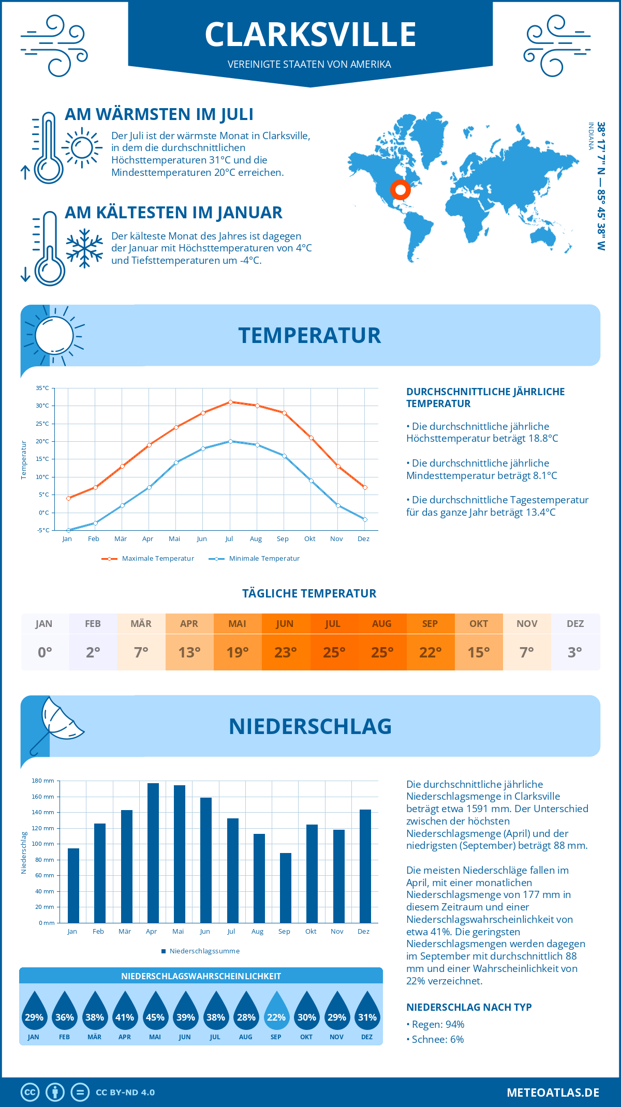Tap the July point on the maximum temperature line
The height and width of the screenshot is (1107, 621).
230,402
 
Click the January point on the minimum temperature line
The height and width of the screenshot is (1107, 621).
68,530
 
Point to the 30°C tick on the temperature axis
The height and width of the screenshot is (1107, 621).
42,406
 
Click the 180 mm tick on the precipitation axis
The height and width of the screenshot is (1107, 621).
43,781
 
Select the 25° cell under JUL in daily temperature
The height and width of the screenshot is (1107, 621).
334,652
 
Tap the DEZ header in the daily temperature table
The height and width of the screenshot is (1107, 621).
575,624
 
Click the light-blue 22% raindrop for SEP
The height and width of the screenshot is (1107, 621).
276,1011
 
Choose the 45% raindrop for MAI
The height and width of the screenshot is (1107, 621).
155,1011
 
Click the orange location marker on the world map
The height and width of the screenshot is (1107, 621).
400,190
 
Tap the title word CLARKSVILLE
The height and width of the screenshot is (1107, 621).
310,35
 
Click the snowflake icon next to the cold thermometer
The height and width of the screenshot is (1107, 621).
84,248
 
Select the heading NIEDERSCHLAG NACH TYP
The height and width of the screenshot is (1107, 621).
469,1007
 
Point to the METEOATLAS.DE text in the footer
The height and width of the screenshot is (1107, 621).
553,1093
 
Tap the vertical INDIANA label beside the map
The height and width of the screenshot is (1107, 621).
590,136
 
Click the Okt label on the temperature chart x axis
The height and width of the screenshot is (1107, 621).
309,539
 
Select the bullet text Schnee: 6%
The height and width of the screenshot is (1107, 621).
437,1039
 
